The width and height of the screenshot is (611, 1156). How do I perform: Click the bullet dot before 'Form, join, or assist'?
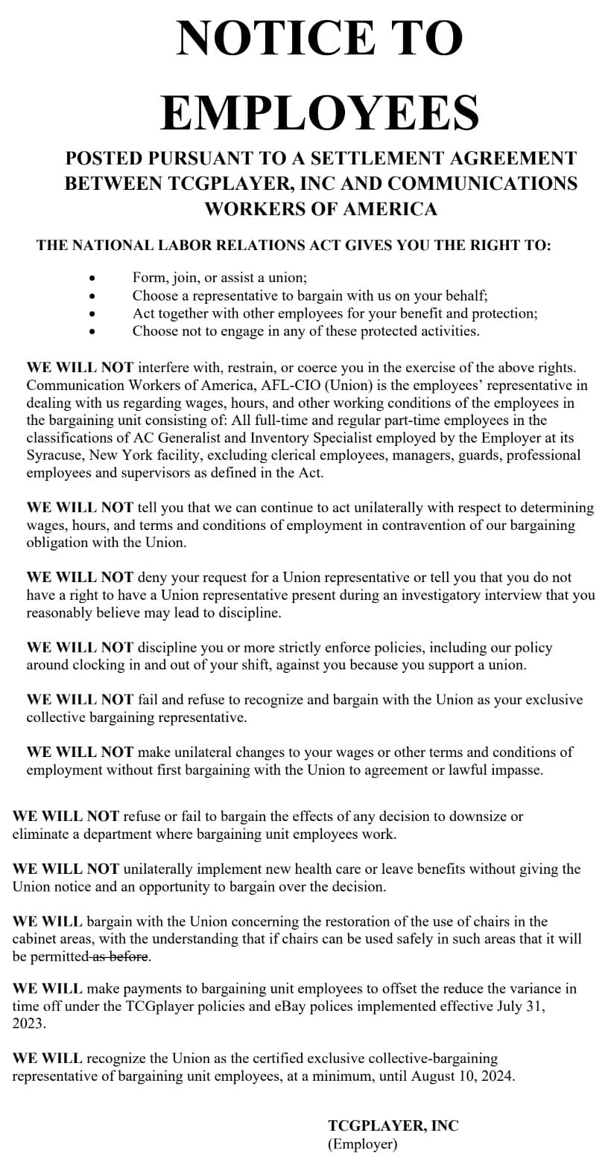pos(92,278)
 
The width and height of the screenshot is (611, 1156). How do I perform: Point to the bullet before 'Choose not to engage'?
pos(92,331)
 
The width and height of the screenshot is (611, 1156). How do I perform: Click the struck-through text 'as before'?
pos(121,957)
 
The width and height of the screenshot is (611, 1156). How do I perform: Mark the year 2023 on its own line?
pos(28,1024)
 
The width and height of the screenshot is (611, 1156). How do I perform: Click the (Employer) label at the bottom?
pos(363,1144)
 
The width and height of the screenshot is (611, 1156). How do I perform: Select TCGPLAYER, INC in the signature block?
pos(393,1125)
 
